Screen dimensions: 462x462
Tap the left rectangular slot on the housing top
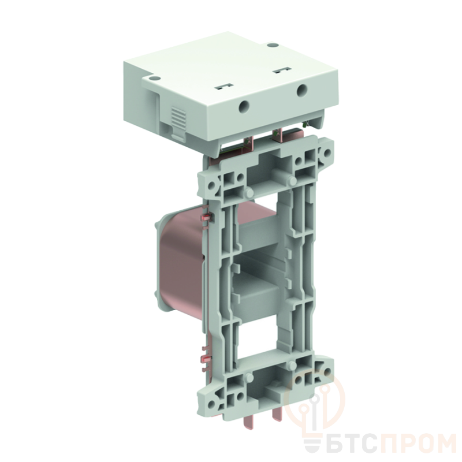(223, 87)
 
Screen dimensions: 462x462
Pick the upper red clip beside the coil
(205, 218)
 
